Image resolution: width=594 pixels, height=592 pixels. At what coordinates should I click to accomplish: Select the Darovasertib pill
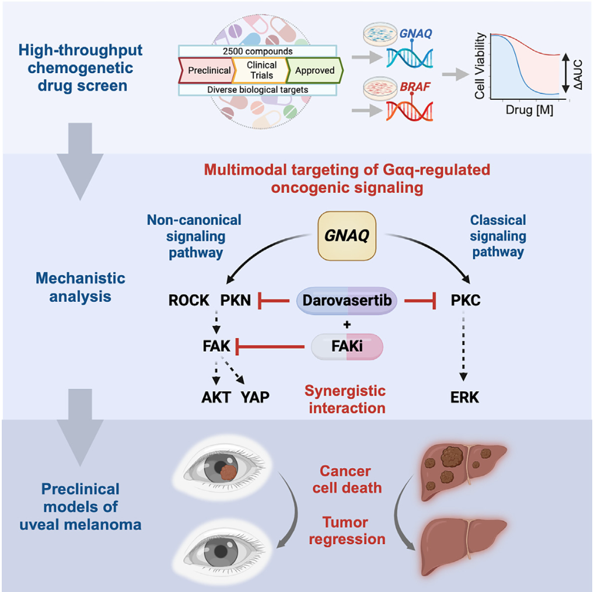348,301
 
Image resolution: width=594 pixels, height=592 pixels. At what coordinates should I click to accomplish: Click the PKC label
466,301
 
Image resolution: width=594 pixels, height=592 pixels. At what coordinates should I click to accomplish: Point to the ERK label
464,398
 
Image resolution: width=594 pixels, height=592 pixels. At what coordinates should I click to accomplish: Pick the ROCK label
188,301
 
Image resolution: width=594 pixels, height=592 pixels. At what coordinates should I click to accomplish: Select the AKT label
215,398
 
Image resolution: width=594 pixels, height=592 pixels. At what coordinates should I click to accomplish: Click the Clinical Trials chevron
261,71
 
